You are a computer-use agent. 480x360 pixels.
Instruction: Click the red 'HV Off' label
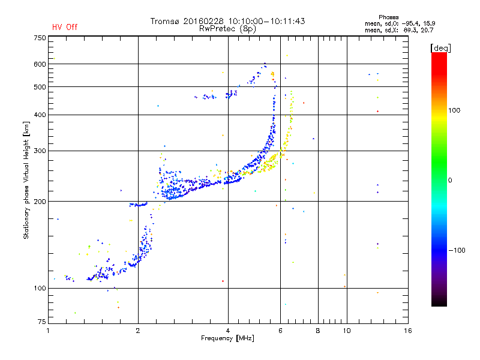click(x=65, y=27)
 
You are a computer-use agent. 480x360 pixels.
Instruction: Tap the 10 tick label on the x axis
click(x=346, y=331)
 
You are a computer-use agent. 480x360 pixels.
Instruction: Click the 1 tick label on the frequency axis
click(x=49, y=331)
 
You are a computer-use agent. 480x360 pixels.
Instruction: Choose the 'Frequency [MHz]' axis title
click(x=227, y=339)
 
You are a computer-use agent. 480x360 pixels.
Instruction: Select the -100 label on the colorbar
click(x=457, y=250)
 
